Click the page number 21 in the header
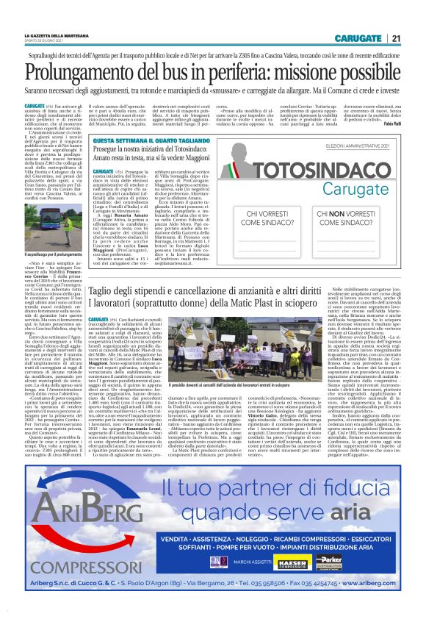pos(395,38)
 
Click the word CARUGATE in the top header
pos(357,38)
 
